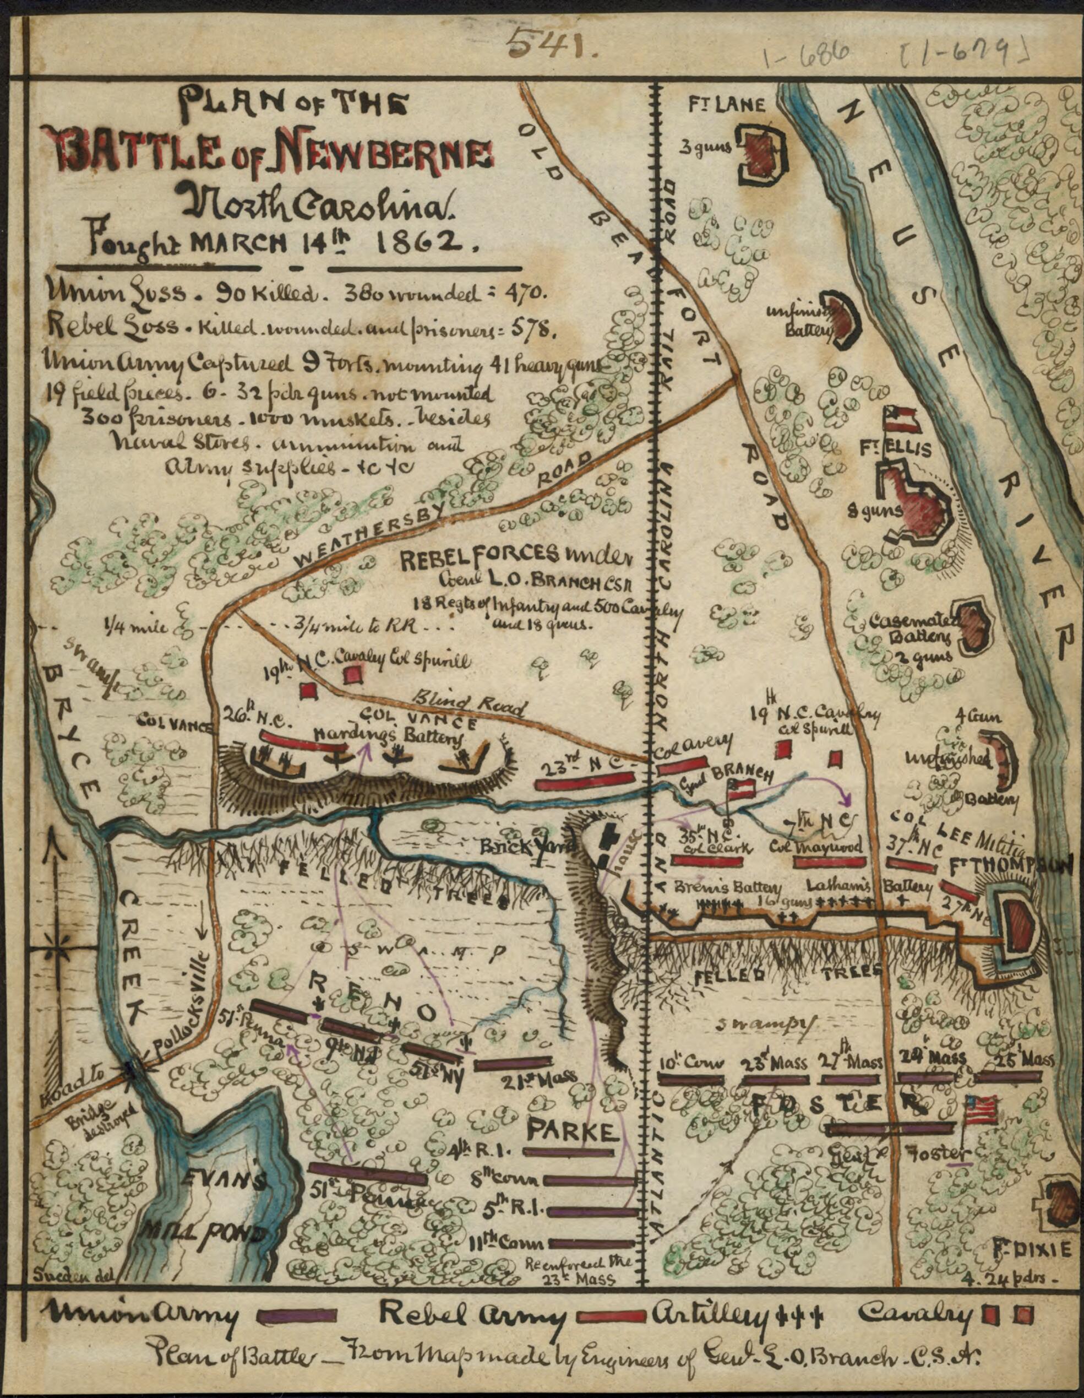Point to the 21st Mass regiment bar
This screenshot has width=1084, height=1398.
[x=513, y=1062]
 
